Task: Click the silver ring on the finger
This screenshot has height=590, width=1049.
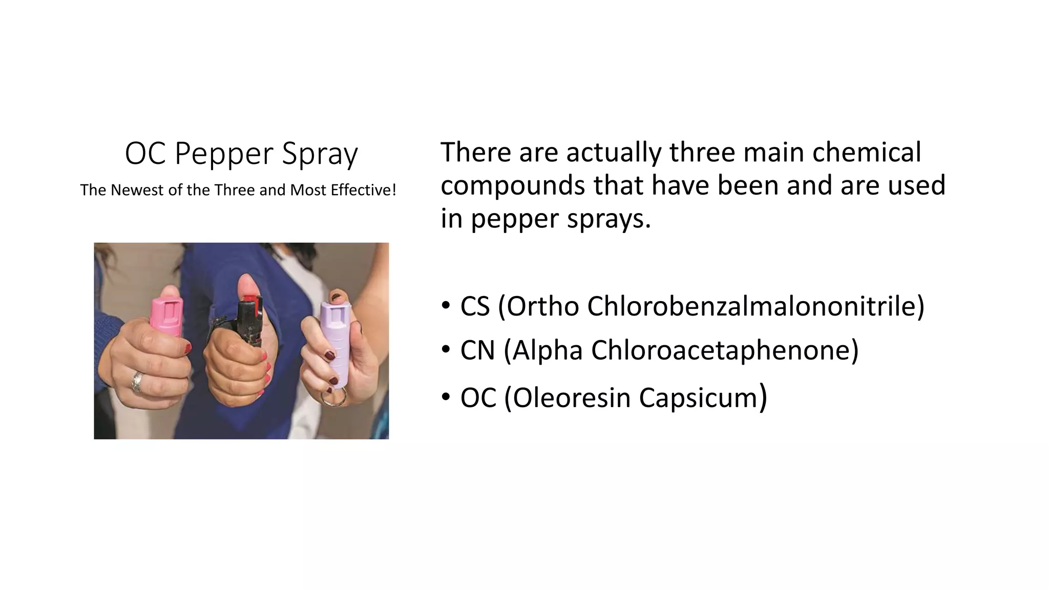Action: pos(137,382)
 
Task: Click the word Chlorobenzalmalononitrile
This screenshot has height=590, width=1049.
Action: pos(756,306)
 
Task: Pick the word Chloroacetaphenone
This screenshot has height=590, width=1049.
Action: pos(724,350)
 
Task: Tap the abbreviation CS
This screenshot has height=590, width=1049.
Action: pos(475,306)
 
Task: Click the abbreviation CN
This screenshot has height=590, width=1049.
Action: pos(477,350)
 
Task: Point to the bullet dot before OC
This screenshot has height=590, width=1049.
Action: pos(446,396)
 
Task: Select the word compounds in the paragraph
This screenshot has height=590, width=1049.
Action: pos(513,185)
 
